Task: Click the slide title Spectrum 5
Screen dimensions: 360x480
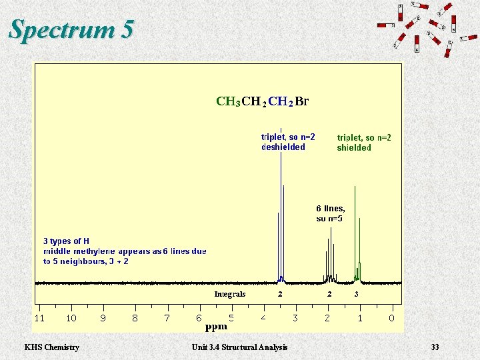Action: coord(72,30)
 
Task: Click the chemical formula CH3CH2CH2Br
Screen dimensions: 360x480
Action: coord(263,102)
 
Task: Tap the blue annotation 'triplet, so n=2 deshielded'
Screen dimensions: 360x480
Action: coord(288,142)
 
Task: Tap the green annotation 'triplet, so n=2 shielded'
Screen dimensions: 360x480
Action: coord(364,143)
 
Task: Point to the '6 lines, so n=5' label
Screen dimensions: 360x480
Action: coord(330,213)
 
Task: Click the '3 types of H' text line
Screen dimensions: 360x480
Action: coord(66,241)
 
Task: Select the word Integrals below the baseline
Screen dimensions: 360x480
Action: coord(230,294)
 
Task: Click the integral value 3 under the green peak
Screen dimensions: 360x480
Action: coord(357,294)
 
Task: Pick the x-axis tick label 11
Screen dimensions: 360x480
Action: coord(39,318)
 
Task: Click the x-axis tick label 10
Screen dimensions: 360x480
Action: coord(71,318)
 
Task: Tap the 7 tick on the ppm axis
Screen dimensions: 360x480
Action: coord(167,318)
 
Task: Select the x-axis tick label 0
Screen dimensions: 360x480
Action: coord(391,318)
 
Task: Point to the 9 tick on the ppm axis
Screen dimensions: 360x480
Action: coord(103,318)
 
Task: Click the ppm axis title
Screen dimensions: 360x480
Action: coord(216,327)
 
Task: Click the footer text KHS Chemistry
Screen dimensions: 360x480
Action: coord(51,347)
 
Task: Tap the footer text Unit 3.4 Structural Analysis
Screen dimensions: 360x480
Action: coord(239,347)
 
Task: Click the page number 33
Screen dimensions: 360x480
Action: coord(435,347)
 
